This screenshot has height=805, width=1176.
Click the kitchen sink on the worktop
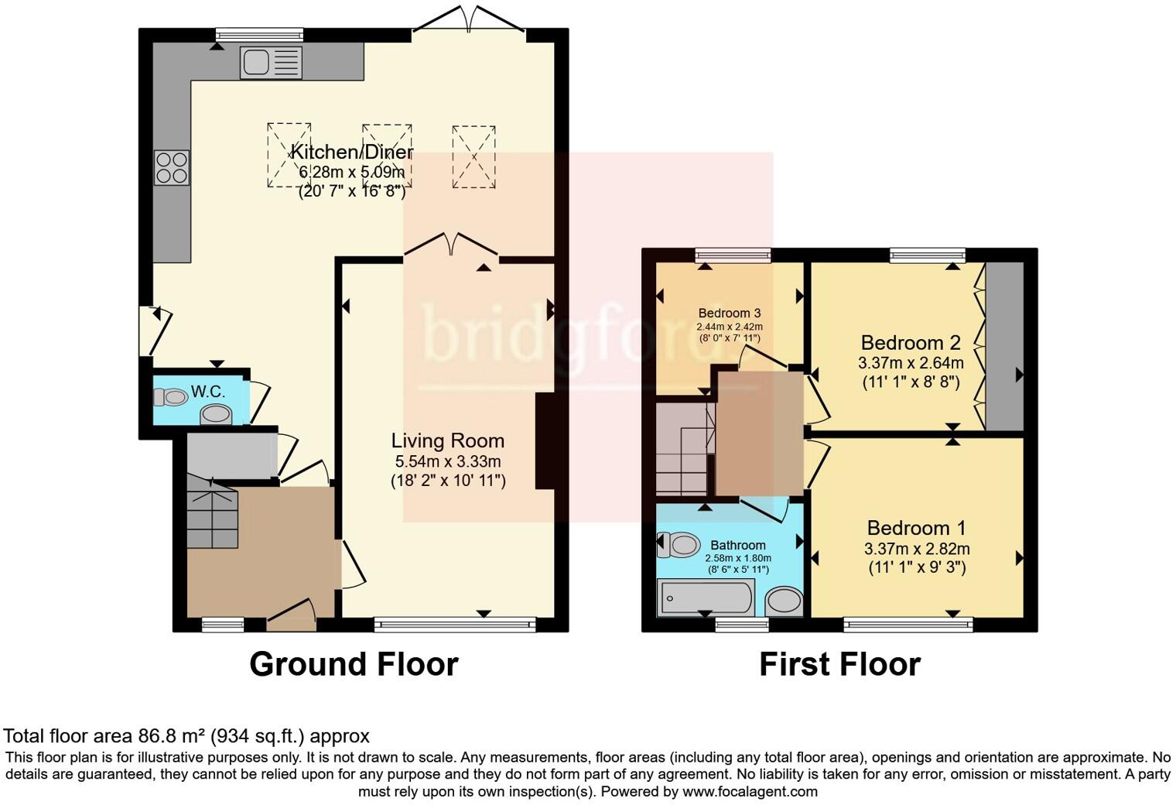pyautogui.click(x=270, y=62)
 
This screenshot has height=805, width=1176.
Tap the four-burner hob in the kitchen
pyautogui.click(x=172, y=167)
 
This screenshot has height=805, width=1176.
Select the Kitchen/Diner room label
pyautogui.click(x=352, y=152)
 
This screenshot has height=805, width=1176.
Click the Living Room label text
pyautogui.click(x=447, y=441)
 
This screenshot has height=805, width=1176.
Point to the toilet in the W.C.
pyautogui.click(x=171, y=398)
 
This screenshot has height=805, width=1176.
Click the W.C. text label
pyautogui.click(x=208, y=392)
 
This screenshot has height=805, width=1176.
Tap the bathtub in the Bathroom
pyautogui.click(x=704, y=598)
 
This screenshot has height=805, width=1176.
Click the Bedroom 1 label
pyautogui.click(x=916, y=529)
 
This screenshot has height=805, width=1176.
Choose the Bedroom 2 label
pyautogui.click(x=911, y=343)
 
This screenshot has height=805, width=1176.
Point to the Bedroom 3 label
pyautogui.click(x=729, y=313)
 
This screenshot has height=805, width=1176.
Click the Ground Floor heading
pyautogui.click(x=354, y=665)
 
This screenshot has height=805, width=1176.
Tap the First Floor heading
pyautogui.click(x=839, y=665)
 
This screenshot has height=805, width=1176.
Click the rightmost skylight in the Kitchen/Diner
pyautogui.click(x=473, y=156)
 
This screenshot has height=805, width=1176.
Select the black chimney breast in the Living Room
pyautogui.click(x=546, y=441)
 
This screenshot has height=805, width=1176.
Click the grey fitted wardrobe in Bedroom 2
pyautogui.click(x=1004, y=346)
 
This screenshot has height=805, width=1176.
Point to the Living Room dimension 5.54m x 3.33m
pyautogui.click(x=448, y=462)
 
